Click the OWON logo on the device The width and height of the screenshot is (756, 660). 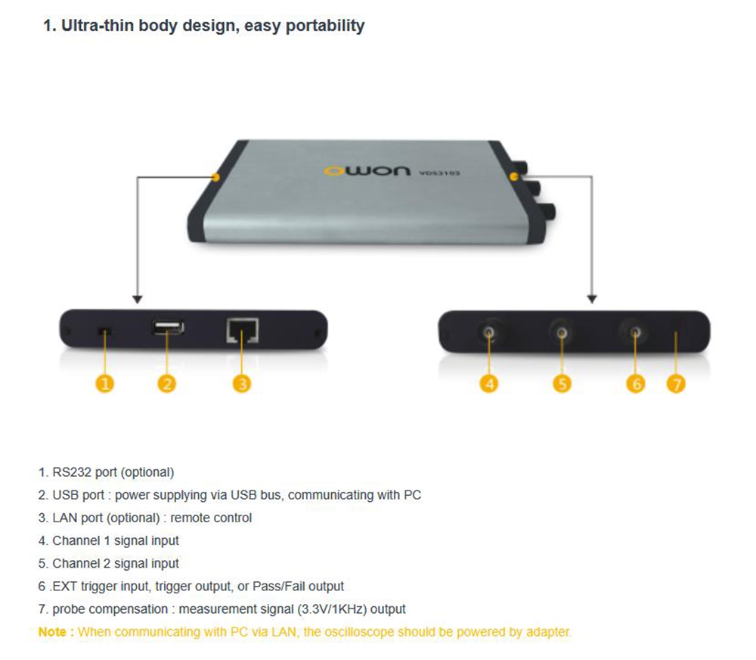tap(368, 170)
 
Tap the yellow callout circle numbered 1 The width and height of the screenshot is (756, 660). tap(104, 384)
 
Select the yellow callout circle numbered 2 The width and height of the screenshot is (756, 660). tap(167, 384)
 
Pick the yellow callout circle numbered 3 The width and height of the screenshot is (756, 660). tap(242, 384)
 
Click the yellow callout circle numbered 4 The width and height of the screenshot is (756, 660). tap(489, 384)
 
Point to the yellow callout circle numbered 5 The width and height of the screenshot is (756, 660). tap(562, 384)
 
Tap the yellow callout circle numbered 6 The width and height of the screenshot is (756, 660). tap(636, 384)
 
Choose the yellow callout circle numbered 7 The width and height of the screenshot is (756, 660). tap(676, 384)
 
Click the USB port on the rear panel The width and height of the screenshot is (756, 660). tap(169, 328)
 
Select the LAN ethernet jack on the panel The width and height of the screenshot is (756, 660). tap(243, 330)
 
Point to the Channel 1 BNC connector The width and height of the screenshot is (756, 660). tap(489, 332)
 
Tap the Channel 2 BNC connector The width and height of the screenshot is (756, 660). tap(562, 332)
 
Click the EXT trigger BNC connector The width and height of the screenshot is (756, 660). tap(636, 332)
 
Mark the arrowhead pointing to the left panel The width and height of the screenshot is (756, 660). tap(138, 299)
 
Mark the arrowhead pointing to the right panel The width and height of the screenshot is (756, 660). tap(592, 299)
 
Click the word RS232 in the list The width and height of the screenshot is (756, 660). tap(72, 472)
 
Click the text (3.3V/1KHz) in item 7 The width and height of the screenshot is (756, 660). tap(332, 609)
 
